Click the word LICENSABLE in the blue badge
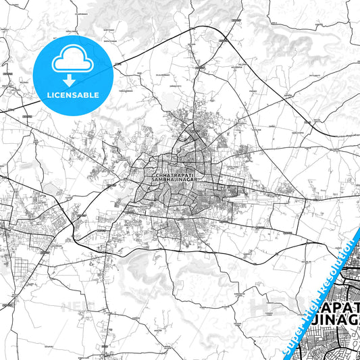click(x=72, y=94)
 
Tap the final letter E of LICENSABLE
click(x=97, y=94)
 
